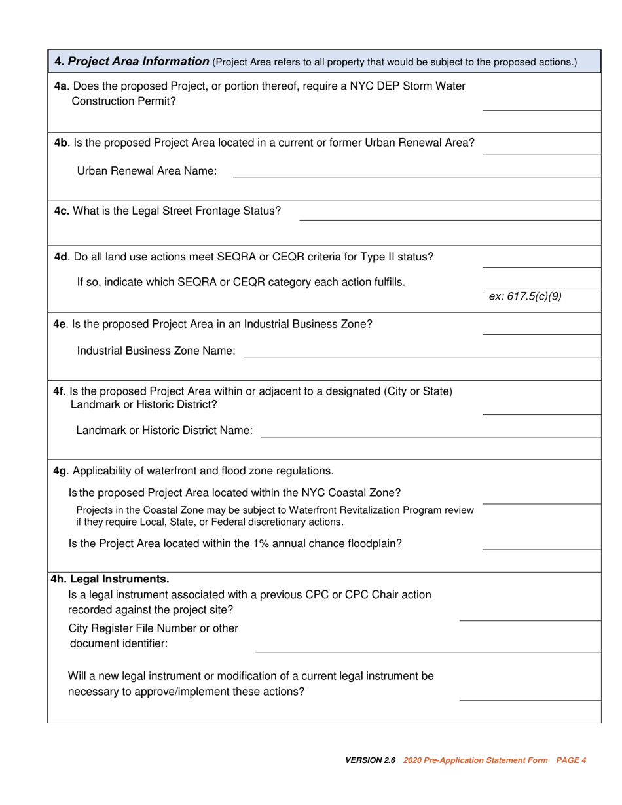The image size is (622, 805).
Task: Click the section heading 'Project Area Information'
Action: click(139, 62)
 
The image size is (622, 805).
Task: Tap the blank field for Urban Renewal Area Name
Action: click(416, 171)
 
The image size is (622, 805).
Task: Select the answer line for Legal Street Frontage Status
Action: click(449, 211)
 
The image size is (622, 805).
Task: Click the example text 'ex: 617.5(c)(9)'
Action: click(525, 296)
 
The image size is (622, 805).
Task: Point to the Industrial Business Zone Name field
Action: click(422, 351)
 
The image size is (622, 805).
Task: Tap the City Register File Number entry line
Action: click(427, 644)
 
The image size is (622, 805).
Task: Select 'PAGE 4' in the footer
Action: click(571, 760)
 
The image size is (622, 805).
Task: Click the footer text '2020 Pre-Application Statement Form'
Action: click(476, 760)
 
